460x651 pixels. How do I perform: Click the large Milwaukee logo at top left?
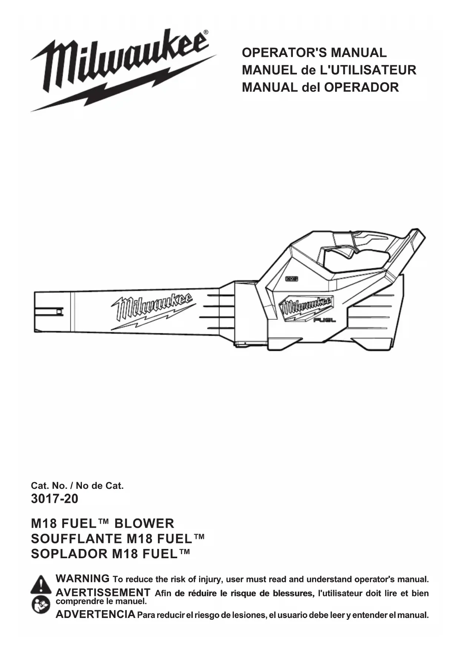[122, 71]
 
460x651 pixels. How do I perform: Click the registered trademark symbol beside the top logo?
[206, 33]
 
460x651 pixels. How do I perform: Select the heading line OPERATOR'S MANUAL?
[314, 53]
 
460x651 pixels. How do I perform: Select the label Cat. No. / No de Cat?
[77, 485]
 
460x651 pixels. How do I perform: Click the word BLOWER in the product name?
[144, 524]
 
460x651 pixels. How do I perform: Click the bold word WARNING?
[82, 579]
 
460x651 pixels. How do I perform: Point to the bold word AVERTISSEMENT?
[103, 592]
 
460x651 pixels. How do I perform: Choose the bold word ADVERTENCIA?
[95, 615]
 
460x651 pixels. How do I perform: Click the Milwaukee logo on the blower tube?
[152, 310]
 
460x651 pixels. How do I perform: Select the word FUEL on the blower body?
[325, 320]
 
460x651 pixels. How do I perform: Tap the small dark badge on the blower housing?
[292, 278]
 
